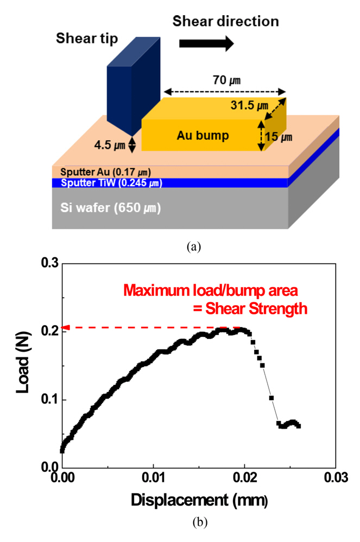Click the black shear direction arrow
(206, 43)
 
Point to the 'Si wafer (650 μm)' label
(110, 208)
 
